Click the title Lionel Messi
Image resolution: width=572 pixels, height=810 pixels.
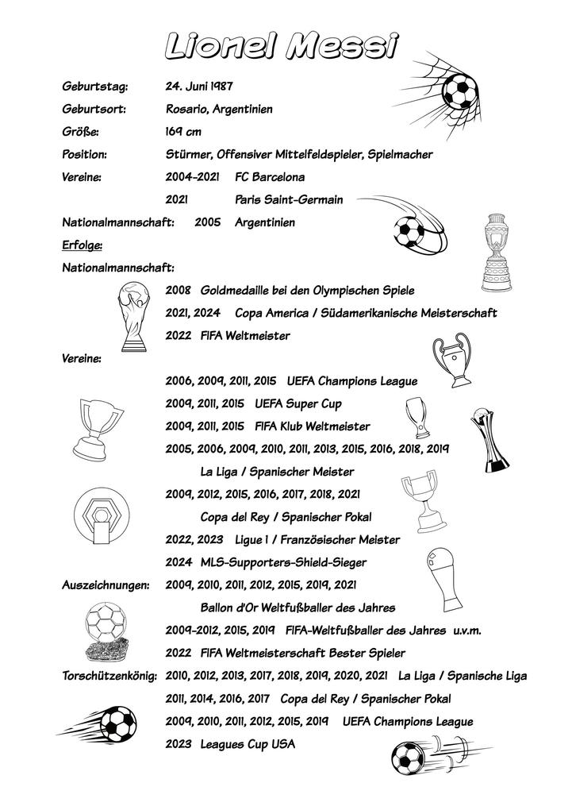point(282,46)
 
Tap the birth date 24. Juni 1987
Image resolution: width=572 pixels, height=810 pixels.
point(198,86)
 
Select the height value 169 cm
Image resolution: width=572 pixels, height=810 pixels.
point(182,131)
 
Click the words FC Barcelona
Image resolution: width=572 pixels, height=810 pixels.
point(270,176)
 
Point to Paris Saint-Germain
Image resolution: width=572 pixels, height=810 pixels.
point(289,199)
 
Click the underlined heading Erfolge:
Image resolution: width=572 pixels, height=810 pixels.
point(82,245)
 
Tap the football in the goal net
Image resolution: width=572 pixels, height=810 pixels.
point(459,91)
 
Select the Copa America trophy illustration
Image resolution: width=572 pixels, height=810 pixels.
point(496,253)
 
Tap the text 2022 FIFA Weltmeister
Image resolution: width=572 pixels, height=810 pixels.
point(228,336)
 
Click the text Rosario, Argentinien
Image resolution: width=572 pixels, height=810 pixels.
point(218,109)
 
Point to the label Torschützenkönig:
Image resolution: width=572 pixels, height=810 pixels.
point(110,677)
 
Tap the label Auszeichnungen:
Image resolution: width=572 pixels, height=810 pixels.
point(106,585)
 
